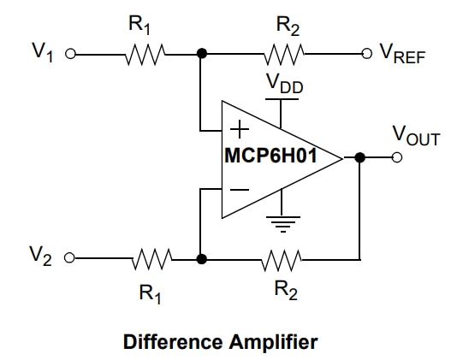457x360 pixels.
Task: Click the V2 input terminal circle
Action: click(71, 257)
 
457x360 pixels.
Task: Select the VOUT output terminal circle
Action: click(397, 157)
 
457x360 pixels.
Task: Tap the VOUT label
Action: click(415, 135)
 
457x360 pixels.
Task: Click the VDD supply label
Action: click(283, 85)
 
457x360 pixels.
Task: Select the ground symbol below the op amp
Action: click(280, 225)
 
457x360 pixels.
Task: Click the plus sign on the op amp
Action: click(241, 131)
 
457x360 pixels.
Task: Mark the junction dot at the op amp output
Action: click(359, 157)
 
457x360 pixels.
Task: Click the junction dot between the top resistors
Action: click(201, 53)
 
